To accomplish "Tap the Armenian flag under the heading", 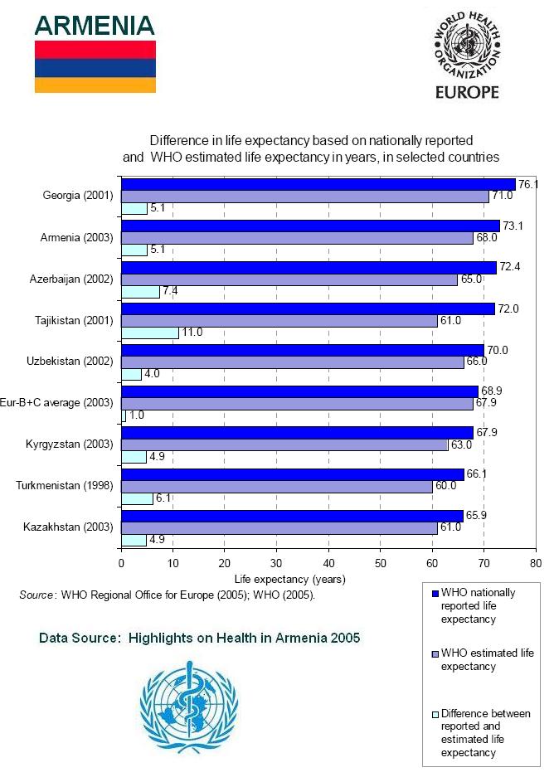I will (x=95, y=67).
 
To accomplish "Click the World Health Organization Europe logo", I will (x=467, y=54).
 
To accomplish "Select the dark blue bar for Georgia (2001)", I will (x=318, y=184).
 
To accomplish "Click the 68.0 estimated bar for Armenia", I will (x=297, y=238).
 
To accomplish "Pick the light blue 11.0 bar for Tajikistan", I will (x=149, y=333).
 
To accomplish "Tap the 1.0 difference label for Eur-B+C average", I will (x=137, y=415).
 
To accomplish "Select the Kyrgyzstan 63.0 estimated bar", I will (x=284, y=444).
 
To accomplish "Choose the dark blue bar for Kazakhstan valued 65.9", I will (x=292, y=516).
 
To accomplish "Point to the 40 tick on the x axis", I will (x=328, y=562).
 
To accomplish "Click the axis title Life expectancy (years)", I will (x=289, y=579).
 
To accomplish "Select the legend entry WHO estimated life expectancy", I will (x=487, y=660).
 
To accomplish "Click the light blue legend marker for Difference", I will (x=434, y=714).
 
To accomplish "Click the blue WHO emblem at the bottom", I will (x=188, y=707).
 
